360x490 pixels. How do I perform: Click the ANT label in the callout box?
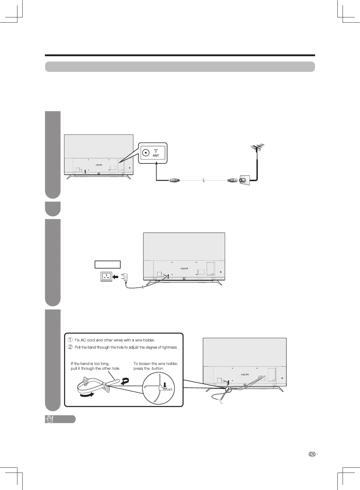(156, 155)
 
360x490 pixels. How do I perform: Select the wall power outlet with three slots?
(106, 276)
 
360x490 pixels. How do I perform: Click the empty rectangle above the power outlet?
(107, 264)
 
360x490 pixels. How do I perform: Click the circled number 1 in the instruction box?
(70, 340)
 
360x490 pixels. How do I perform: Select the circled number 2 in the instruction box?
(70, 347)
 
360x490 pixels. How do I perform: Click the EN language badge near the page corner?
(312, 454)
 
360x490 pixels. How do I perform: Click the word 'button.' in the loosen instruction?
(158, 368)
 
